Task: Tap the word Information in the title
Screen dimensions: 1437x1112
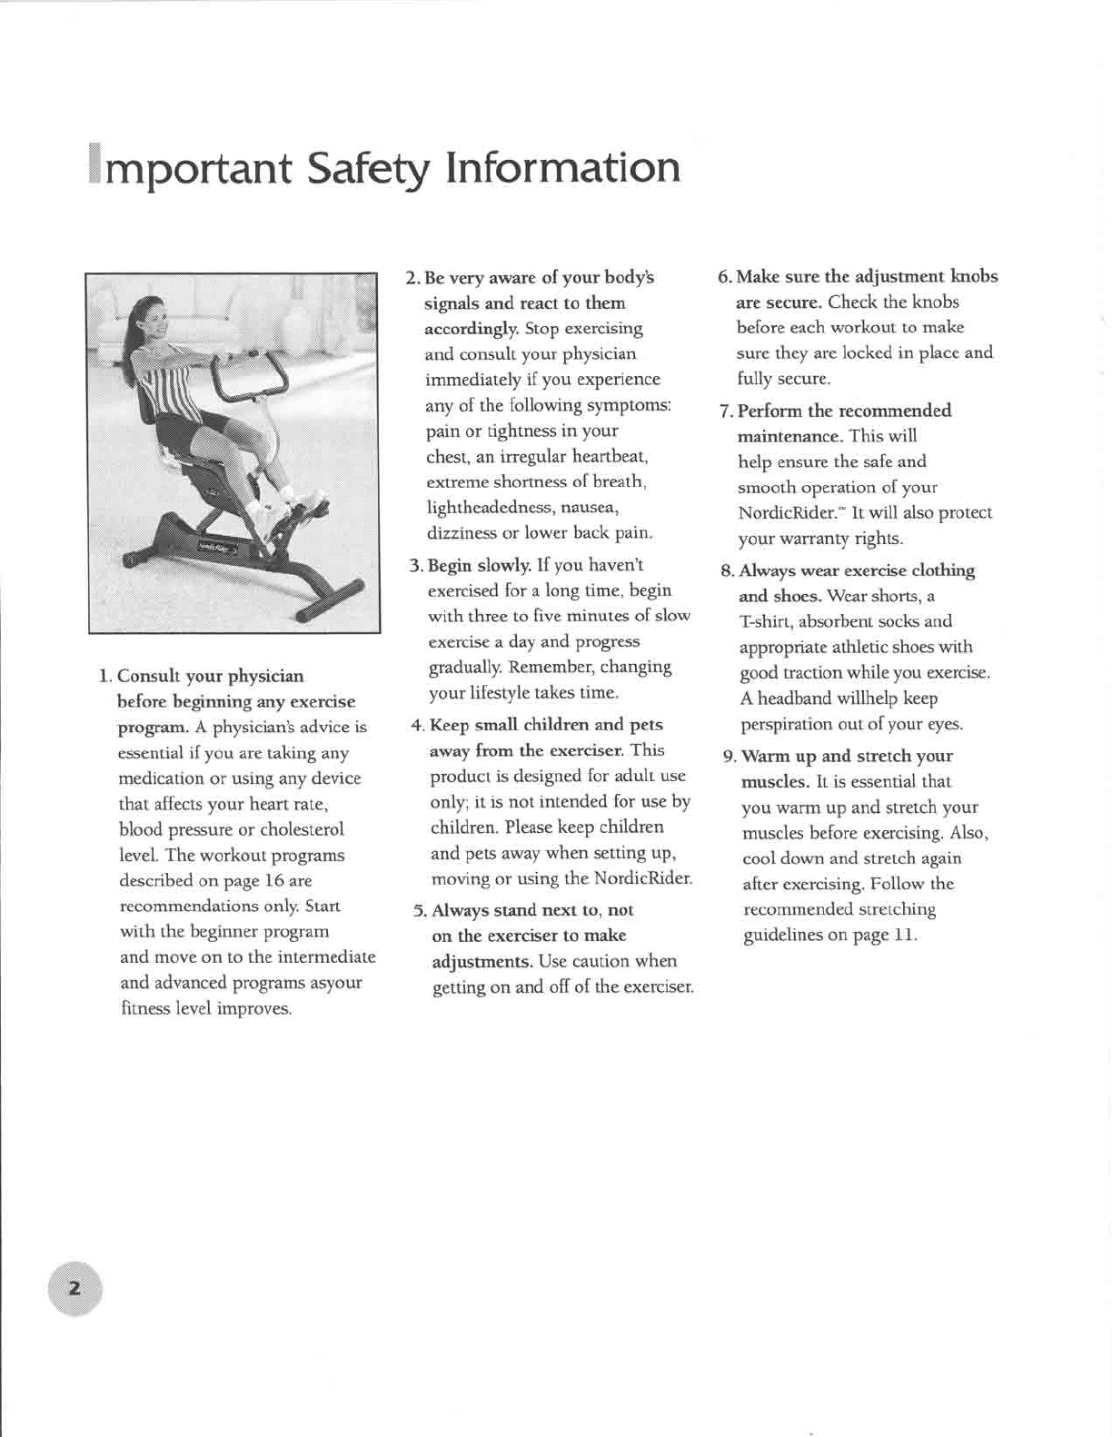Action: (562, 168)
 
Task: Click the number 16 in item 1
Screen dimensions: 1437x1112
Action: (274, 880)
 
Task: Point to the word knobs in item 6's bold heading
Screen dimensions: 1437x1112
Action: (974, 276)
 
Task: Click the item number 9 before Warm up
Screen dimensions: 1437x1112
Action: (729, 757)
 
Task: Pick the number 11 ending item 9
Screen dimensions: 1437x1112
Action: (904, 935)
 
